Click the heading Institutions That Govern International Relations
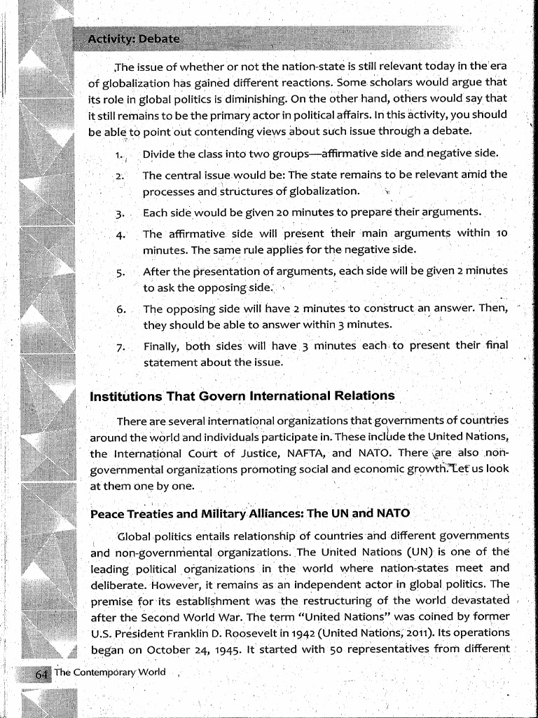coord(242,396)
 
